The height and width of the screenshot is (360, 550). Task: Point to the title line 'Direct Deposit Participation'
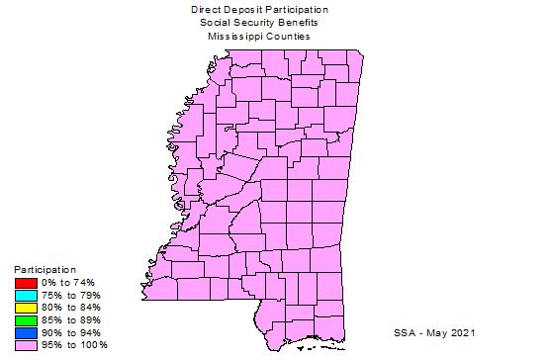tap(260, 9)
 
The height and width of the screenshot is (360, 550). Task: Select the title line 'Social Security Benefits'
tap(259, 22)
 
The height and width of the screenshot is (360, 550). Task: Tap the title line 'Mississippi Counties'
tap(259, 36)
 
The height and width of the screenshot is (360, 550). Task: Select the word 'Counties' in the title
tap(288, 36)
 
